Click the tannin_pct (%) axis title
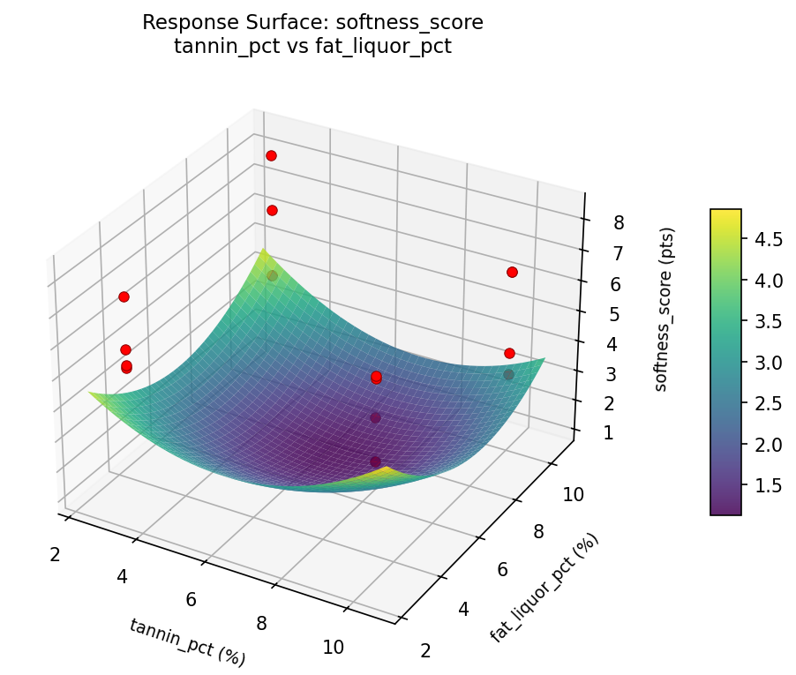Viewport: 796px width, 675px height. tap(187, 641)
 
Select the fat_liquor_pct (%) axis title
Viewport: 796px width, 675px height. tap(544, 588)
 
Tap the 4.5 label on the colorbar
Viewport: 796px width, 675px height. tap(768, 240)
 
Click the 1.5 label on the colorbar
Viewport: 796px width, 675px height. tap(768, 485)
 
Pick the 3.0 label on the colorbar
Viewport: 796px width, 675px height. tap(768, 363)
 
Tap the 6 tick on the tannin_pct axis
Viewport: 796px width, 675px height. tap(191, 600)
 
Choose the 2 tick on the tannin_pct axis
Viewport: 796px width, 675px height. tap(55, 554)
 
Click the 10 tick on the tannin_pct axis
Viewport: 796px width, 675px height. tap(333, 647)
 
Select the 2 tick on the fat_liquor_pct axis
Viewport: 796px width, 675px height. tap(427, 650)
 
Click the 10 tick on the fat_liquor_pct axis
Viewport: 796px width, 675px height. tap(574, 494)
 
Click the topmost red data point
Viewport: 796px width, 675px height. tap(271, 155)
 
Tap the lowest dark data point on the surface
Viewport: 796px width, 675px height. tap(375, 461)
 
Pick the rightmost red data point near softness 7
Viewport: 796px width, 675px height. tap(512, 272)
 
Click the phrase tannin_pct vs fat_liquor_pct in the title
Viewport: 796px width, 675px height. tap(312, 47)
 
